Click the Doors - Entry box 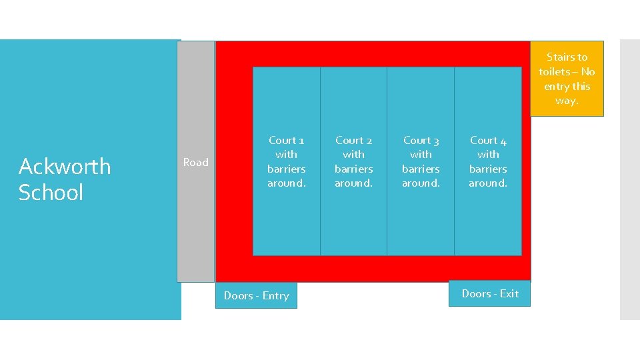point(256,295)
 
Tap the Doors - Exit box point(490,293)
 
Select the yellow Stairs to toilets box point(567,79)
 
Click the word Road point(196,162)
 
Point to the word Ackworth point(65,166)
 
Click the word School point(51,193)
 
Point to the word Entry point(275,296)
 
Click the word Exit point(509,293)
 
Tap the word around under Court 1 point(287,183)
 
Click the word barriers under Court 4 point(488,169)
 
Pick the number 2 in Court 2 point(369,141)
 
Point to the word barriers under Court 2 point(354,169)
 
